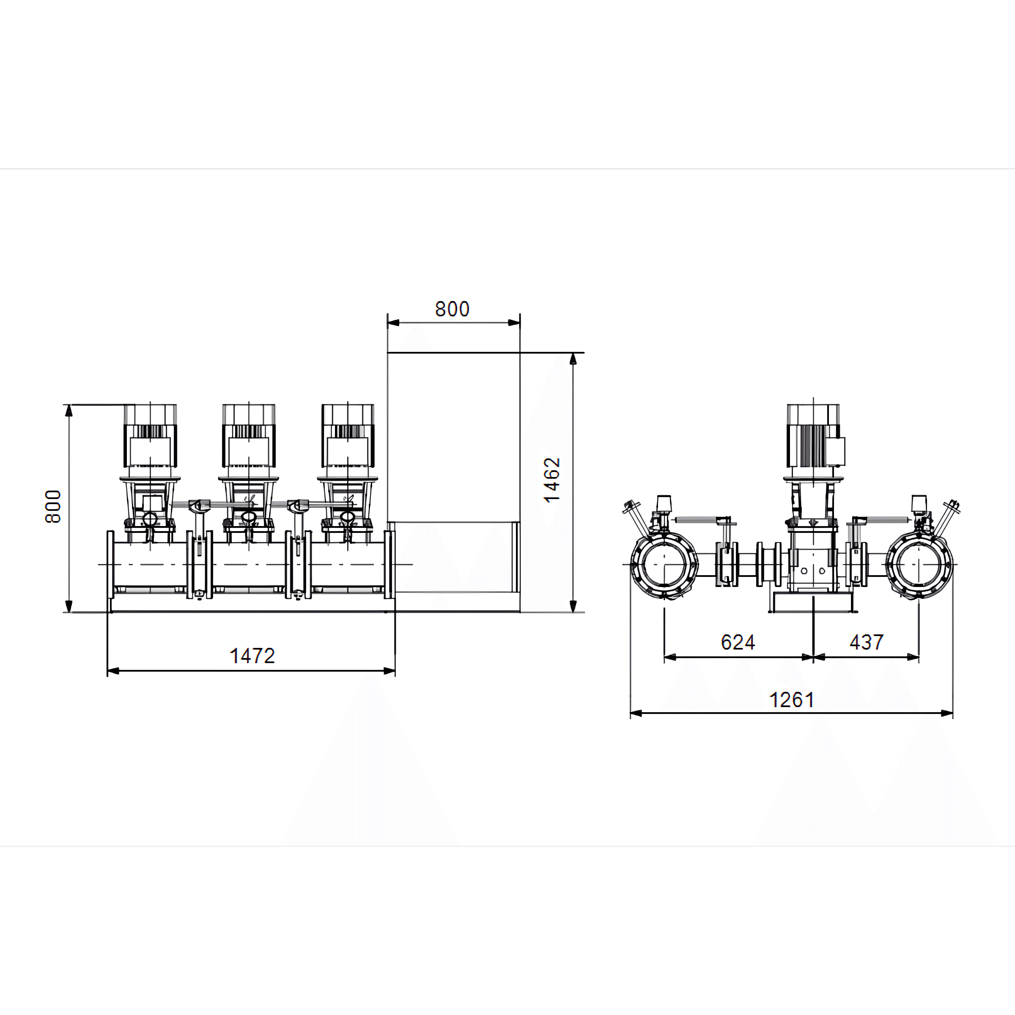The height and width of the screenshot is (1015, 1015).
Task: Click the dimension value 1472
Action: click(252, 656)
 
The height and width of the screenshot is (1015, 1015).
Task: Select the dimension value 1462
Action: click(552, 480)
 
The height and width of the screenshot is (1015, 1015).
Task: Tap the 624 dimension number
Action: click(738, 642)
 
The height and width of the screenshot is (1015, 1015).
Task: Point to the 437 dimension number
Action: click(866, 642)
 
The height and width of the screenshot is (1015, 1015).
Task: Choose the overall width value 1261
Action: click(792, 700)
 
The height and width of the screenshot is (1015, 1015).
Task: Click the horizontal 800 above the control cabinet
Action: click(453, 309)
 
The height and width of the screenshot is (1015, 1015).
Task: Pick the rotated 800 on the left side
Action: click(53, 507)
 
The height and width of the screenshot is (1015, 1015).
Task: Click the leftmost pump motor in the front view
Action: click(150, 436)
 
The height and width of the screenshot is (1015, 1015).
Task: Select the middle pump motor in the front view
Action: click(249, 436)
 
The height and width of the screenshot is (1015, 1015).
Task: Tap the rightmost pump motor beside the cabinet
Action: click(348, 436)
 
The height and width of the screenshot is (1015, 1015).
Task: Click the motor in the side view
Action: click(813, 436)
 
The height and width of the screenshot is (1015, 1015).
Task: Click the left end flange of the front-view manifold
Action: click(110, 564)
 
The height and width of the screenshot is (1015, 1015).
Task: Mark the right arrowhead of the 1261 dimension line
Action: click(947, 713)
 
